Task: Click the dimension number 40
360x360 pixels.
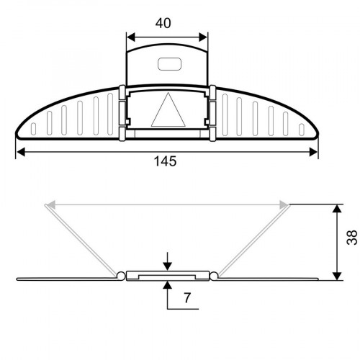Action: (163, 23)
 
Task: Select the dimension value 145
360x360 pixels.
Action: (165, 161)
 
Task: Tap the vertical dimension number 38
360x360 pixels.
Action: (352, 238)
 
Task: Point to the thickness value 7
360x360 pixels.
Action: (187, 298)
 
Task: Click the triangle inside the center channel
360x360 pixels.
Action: (168, 110)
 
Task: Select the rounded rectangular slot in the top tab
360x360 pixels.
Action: (169, 64)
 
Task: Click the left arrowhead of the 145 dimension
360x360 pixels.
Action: (21, 152)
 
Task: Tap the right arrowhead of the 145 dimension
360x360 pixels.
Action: (313, 152)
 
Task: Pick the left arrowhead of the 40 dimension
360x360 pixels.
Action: (131, 37)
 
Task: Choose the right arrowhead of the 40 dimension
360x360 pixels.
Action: (203, 37)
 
